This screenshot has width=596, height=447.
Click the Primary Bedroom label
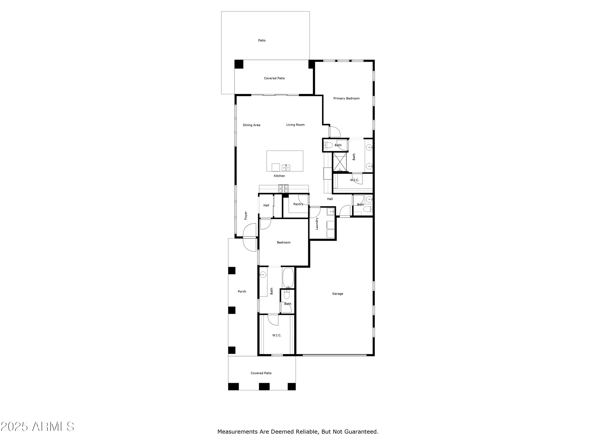[346, 98]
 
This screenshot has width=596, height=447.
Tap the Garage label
[338, 294]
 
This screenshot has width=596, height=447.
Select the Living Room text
[295, 125]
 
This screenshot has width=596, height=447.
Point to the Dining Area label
[252, 125]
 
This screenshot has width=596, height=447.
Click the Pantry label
[298, 204]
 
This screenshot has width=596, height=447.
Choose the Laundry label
[317, 223]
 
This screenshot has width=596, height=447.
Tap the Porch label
[242, 291]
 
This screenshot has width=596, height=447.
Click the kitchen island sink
[286, 167]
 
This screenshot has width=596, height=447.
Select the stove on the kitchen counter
[283, 188]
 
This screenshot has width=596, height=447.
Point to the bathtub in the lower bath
[288, 278]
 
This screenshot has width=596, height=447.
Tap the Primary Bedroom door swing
[335, 132]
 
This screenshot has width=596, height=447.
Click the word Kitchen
[279, 176]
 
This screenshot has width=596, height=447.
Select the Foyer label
[246, 215]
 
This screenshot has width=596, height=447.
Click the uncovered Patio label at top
[262, 41]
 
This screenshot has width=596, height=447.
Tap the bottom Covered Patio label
[261, 373]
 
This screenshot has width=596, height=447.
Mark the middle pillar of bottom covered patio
[264, 387]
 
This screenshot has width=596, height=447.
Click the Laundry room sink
[331, 212]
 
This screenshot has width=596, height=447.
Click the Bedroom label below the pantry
[283, 243]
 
